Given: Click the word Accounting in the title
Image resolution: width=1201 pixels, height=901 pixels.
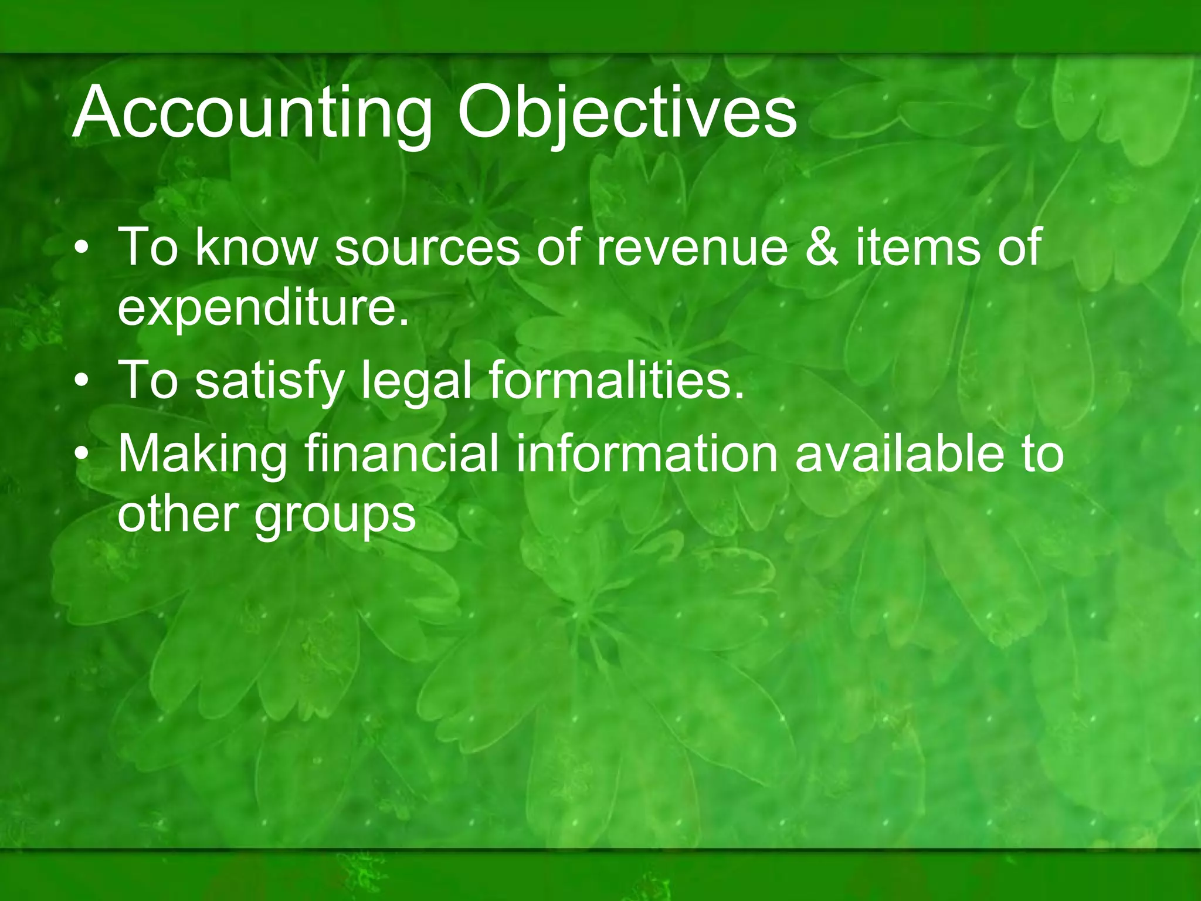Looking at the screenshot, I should [x=252, y=113].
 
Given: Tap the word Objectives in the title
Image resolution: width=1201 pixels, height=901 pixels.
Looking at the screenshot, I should [x=626, y=113].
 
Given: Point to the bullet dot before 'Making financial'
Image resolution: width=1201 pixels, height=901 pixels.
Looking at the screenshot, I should [x=83, y=454].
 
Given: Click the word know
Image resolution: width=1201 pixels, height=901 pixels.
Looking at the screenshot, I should [x=256, y=248].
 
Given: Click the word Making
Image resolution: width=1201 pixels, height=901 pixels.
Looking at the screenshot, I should [x=203, y=454].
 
